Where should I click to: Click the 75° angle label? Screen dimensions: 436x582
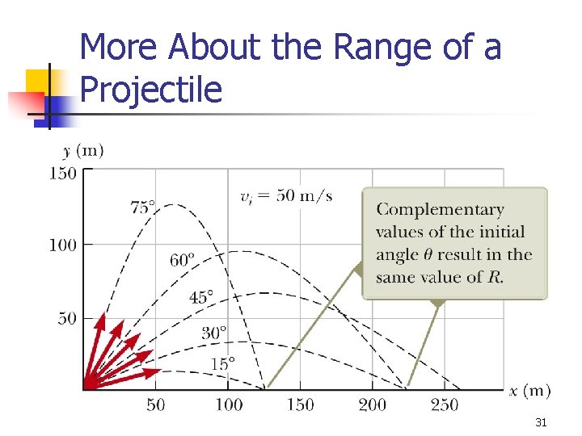point(143,207)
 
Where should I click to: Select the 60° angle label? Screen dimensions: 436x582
point(183,260)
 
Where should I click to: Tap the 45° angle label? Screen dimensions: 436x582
point(202,297)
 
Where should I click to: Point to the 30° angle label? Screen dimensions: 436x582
point(214,332)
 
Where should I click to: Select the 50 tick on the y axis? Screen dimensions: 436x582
point(67,317)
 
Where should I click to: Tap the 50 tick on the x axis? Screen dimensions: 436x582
point(155,404)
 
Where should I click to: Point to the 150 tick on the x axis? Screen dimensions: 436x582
point(300,404)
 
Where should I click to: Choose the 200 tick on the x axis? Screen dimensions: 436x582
point(373,404)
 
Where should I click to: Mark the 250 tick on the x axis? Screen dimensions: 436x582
point(445,404)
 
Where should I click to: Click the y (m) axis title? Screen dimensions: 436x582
point(82,151)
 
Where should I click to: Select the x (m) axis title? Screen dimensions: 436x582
point(529,391)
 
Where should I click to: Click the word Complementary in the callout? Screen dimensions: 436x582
point(440,210)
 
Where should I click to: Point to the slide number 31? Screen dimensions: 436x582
point(542,422)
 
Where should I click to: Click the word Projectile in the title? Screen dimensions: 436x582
point(151,90)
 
